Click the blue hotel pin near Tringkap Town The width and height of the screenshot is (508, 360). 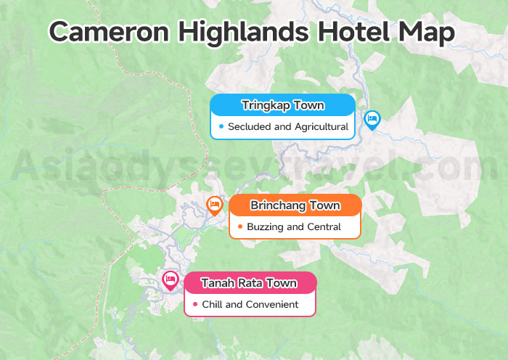[372, 119]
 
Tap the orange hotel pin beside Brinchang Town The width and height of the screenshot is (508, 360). [214, 205]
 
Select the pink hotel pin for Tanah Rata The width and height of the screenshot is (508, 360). [171, 279]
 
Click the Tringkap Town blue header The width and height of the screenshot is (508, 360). [282, 106]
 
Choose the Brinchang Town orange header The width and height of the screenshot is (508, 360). [295, 205]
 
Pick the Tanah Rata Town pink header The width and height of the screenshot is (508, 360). [250, 282]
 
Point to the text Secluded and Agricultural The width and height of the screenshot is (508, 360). [288, 126]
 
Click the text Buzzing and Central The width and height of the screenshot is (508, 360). [294, 226]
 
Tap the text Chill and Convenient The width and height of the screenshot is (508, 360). [250, 304]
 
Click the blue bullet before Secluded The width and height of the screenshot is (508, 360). [221, 126]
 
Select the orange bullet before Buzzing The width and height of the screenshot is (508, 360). [239, 226]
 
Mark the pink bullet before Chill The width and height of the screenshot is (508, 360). [195, 304]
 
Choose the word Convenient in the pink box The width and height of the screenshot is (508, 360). [272, 304]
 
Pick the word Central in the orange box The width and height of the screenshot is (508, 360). [324, 226]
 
